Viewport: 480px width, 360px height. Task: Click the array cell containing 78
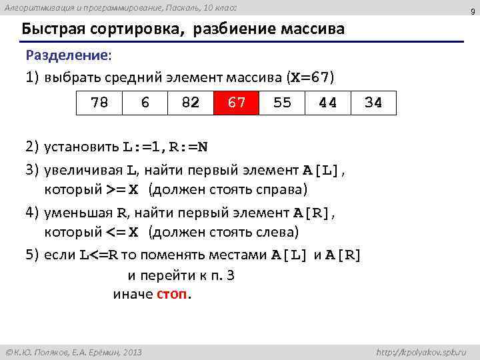point(99,103)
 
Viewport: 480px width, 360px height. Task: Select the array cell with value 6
point(145,103)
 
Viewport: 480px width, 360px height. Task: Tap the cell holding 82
point(191,103)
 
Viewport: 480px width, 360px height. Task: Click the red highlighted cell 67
point(236,103)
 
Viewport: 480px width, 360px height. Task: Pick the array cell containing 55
point(282,103)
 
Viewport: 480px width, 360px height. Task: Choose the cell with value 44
point(327,103)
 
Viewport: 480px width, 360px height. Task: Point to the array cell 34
point(373,103)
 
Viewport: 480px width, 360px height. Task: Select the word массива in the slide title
point(313,30)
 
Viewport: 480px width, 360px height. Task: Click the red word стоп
point(172,294)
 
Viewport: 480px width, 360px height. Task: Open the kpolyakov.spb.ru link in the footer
point(421,352)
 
